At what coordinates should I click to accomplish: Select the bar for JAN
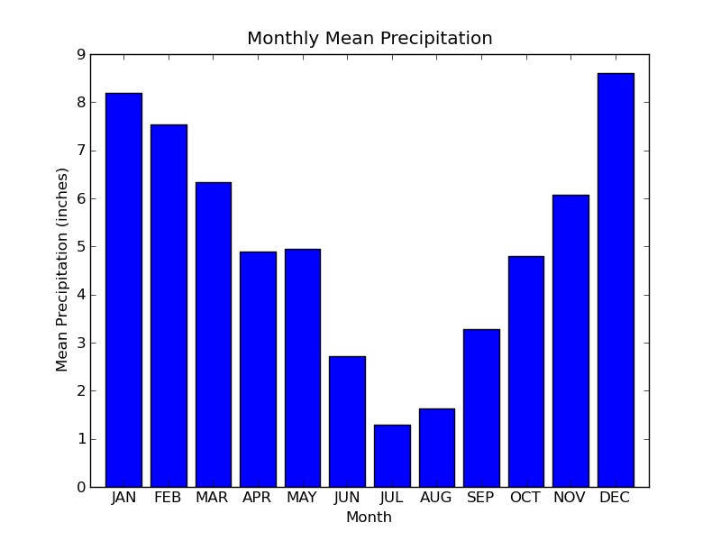point(123,289)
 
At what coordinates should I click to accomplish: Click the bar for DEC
point(616,280)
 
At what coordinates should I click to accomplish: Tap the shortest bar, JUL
point(392,455)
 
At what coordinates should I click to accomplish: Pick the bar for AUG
point(437,447)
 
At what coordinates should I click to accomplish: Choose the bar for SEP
point(481,408)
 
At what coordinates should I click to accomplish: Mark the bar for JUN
point(347,421)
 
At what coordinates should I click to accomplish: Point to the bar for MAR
point(213,335)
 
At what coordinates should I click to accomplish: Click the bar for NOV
point(570,341)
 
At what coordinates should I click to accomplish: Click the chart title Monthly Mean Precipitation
point(370,39)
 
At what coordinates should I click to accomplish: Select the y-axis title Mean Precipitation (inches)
point(62,269)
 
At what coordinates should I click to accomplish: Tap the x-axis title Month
point(369,518)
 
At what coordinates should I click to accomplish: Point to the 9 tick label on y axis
point(81,55)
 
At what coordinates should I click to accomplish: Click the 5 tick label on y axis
point(81,247)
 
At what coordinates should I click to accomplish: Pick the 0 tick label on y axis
point(81,487)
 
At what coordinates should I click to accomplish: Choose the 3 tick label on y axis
point(81,343)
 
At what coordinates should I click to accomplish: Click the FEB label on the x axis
point(168,498)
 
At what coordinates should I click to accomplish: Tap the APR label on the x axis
point(258,498)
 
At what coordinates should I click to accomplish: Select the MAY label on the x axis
point(303,498)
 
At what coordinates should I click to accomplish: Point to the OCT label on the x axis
point(525,498)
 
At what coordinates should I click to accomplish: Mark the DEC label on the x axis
point(615,498)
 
